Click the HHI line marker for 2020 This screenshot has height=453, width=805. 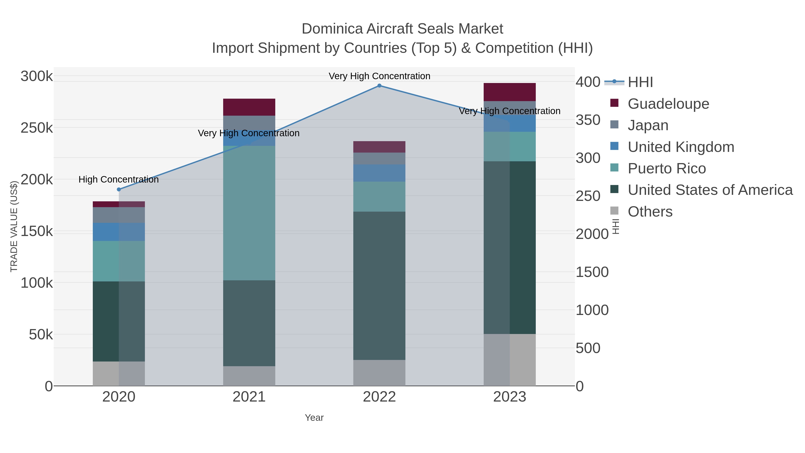pyautogui.click(x=119, y=189)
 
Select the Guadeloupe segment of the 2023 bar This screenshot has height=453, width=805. pyautogui.click(x=509, y=92)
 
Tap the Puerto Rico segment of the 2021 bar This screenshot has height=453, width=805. pyautogui.click(x=249, y=213)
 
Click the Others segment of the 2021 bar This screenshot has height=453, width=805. pyautogui.click(x=249, y=376)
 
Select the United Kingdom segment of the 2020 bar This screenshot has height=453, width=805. pyautogui.click(x=119, y=232)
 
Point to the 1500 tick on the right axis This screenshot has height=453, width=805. pyautogui.click(x=592, y=272)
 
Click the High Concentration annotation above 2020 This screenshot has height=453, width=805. pyautogui.click(x=119, y=179)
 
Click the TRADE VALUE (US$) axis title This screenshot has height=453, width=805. pyautogui.click(x=14, y=226)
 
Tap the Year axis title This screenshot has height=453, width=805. pyautogui.click(x=314, y=418)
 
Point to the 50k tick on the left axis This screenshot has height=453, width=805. pyautogui.click(x=41, y=335)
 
